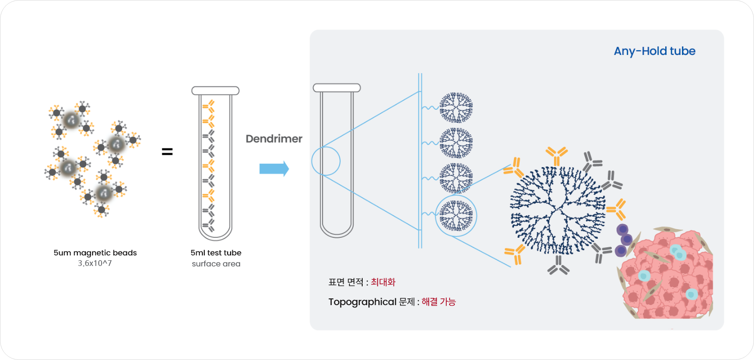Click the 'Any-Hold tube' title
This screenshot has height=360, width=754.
[x=654, y=51]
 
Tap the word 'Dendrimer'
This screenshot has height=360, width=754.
[x=274, y=139]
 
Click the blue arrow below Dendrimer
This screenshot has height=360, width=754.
[x=274, y=169]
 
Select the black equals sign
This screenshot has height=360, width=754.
[x=168, y=152]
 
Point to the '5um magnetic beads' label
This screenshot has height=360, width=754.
[x=95, y=253]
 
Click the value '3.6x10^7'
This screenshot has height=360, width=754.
[x=95, y=264]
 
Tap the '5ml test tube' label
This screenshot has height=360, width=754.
[x=216, y=253]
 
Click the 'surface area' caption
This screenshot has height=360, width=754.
[x=216, y=264]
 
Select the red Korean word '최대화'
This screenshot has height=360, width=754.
[x=383, y=282]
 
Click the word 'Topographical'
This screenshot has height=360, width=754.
[x=363, y=302]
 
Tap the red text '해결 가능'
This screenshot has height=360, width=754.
[x=439, y=302]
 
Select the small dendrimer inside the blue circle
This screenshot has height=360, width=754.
[x=456, y=215]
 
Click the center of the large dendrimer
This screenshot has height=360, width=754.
[x=558, y=211]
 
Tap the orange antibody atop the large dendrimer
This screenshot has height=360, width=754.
[x=557, y=156]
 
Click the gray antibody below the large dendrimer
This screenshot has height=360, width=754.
[x=558, y=265]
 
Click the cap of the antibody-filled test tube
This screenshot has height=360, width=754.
[x=215, y=91]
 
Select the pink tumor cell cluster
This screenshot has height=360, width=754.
[x=666, y=274]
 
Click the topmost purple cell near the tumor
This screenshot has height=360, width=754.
[x=622, y=230]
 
